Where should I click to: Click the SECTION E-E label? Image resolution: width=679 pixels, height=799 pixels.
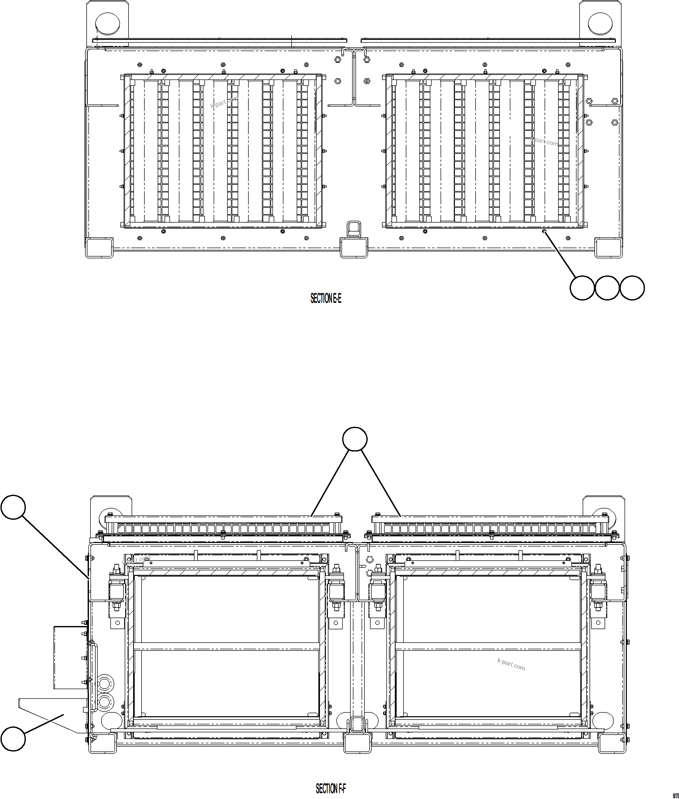326,298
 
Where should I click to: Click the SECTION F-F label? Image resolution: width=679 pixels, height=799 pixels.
331,788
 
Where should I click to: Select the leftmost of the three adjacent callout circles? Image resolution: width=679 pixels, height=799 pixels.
582,288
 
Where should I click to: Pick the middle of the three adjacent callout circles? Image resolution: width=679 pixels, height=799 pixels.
607,288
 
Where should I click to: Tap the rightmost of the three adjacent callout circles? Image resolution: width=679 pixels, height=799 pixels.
632,288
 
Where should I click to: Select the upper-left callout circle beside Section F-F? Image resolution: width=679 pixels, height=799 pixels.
13,507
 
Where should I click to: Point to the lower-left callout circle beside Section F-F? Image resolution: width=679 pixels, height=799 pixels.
13,739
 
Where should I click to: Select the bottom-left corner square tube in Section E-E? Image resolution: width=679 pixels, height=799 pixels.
99,248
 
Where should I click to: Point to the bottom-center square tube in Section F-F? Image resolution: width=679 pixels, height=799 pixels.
357,743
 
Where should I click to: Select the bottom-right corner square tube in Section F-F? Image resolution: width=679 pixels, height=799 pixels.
612,743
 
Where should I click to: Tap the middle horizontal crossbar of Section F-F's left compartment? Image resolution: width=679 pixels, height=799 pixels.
226,647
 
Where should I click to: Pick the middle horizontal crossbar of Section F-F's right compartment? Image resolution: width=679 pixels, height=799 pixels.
488,647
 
